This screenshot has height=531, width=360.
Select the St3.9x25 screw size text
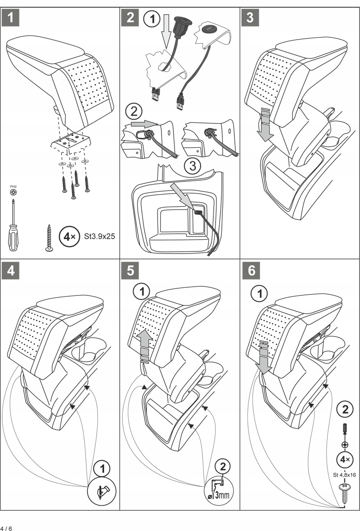[99, 236]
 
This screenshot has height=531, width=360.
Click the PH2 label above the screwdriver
[13, 186]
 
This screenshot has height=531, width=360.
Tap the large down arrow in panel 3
[265, 126]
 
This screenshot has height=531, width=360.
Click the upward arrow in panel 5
[144, 342]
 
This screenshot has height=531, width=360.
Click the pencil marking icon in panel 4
[102, 491]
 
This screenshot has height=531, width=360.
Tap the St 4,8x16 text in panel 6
[345, 475]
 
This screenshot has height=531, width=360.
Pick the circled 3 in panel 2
[193, 166]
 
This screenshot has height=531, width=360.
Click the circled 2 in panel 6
[345, 409]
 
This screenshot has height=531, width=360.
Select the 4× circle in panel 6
[345, 460]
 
